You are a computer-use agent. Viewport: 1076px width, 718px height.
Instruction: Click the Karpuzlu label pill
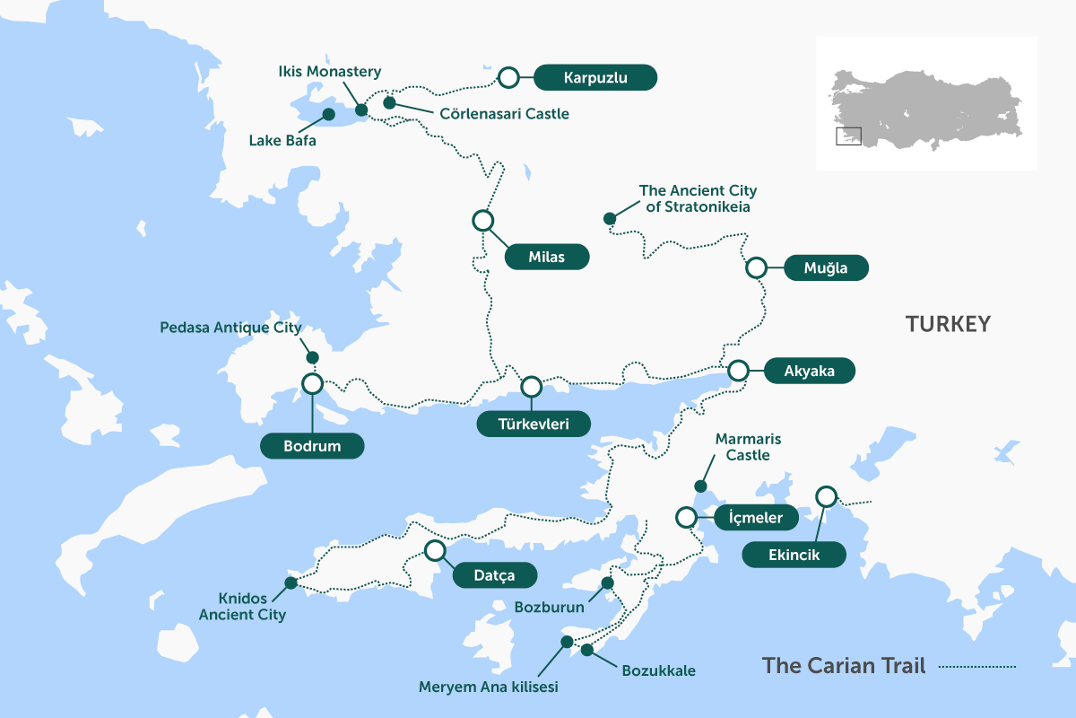click(x=595, y=78)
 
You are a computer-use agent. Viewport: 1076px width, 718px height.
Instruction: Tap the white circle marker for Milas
click(x=482, y=220)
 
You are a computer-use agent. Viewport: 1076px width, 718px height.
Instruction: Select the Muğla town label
click(x=826, y=267)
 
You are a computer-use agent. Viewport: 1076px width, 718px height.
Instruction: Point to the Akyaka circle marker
click(x=739, y=370)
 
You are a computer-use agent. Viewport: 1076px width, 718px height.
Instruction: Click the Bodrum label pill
click(x=312, y=446)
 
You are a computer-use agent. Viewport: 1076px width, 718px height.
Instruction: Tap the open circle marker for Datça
click(x=435, y=550)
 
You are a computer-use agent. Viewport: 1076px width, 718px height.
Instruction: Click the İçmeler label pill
click(x=756, y=518)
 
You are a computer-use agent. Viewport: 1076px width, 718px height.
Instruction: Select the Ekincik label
click(x=794, y=556)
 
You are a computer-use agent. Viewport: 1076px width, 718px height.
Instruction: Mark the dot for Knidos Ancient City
click(x=291, y=582)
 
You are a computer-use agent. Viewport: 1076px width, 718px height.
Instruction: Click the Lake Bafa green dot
click(x=328, y=114)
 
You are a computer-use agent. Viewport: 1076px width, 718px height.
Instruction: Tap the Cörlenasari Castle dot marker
click(x=389, y=102)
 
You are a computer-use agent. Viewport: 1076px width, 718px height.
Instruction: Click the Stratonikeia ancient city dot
click(x=610, y=218)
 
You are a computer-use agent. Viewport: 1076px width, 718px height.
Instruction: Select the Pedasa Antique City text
click(x=230, y=328)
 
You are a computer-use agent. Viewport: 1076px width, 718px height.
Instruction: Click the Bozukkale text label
click(x=657, y=670)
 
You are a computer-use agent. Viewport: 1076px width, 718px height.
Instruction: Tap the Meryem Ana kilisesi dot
click(x=567, y=641)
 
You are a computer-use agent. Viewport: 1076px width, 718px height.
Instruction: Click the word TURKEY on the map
click(x=948, y=324)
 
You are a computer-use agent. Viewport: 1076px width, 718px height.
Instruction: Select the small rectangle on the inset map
click(x=848, y=136)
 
